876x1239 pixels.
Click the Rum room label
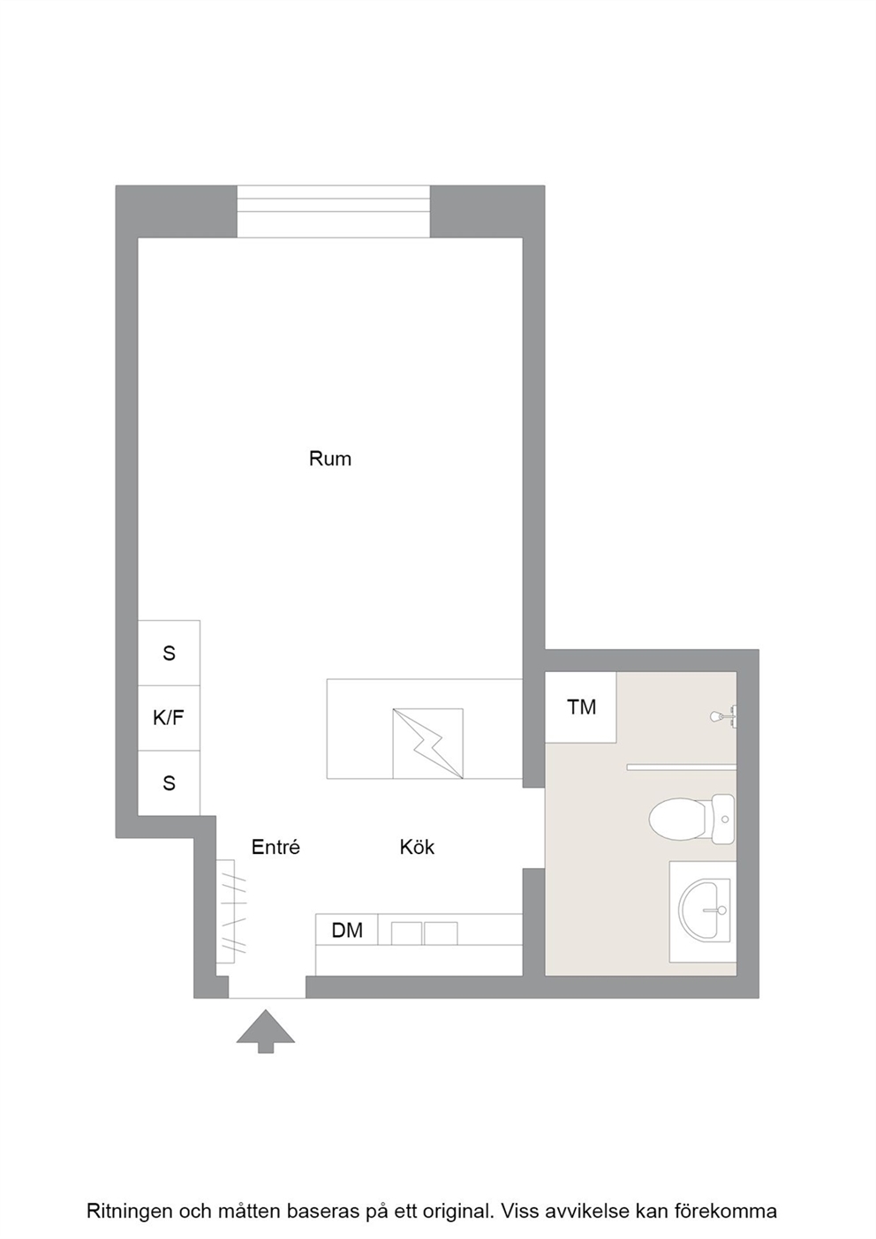click(x=330, y=458)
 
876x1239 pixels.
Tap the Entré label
click(x=276, y=847)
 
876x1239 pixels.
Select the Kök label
click(x=417, y=847)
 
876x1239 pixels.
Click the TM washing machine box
click(x=581, y=706)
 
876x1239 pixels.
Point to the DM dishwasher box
click(x=347, y=930)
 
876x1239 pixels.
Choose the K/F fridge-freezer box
click(x=169, y=718)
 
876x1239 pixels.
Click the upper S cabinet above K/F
click(x=169, y=653)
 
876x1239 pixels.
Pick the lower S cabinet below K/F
click(x=169, y=782)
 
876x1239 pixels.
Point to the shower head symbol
click(x=722, y=717)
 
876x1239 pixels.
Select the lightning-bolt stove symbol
click(x=427, y=744)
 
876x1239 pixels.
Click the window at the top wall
click(x=334, y=211)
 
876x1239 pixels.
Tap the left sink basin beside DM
click(x=406, y=933)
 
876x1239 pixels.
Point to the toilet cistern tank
click(x=723, y=820)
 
